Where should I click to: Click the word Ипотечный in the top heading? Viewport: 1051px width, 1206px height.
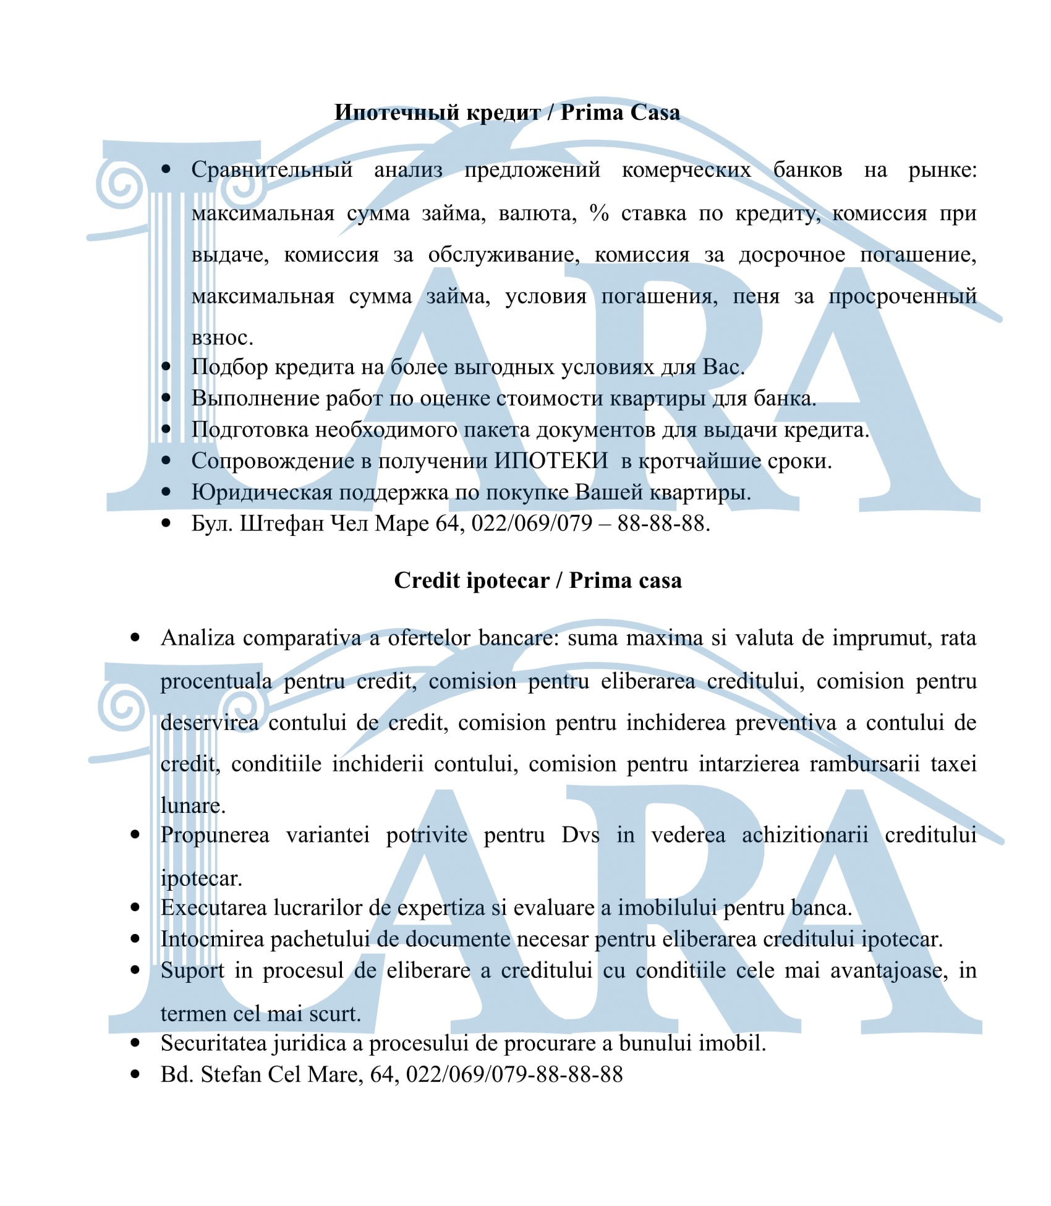coord(396,113)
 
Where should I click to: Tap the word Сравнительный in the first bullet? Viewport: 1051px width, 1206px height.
coord(272,169)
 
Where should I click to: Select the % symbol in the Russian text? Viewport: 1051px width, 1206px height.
coord(599,213)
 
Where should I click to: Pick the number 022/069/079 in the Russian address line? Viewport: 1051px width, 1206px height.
coord(532,524)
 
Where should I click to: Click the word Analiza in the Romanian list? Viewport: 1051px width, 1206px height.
coord(198,638)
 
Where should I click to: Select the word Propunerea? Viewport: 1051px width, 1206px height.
coord(215,835)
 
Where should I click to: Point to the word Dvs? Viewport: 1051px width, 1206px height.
coord(581,835)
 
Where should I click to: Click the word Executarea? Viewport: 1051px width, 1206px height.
coord(214,907)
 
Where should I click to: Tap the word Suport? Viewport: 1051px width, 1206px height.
coord(192,970)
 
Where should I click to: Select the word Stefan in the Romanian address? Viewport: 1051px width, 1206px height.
coord(231,1074)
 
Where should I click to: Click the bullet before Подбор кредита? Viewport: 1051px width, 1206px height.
coord(166,367)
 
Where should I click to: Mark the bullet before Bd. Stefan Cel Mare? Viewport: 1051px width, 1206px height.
coord(135,1074)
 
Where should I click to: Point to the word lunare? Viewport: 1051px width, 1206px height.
coord(193,805)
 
